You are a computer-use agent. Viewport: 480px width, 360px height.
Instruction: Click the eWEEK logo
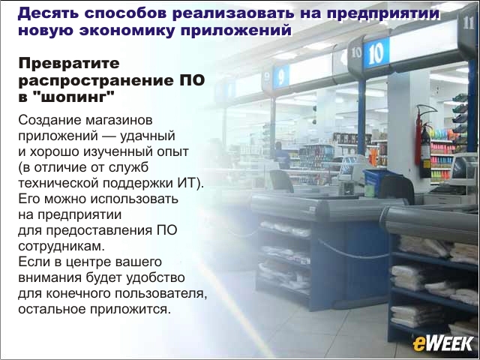point(443,343)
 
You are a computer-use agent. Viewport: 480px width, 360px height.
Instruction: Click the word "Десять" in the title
point(48,13)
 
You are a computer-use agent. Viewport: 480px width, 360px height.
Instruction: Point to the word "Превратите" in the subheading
point(69,64)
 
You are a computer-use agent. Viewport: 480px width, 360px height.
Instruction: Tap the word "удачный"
point(148,136)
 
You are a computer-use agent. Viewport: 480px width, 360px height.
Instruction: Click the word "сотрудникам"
point(61,247)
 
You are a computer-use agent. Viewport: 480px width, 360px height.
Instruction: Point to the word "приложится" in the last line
point(130,310)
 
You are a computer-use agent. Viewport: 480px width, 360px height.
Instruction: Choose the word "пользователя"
point(161,293)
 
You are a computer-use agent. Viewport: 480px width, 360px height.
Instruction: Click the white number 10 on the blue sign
point(376,53)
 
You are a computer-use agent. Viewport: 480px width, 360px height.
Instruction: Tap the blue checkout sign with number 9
point(281,76)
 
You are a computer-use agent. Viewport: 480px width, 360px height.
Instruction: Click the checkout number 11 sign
point(468,22)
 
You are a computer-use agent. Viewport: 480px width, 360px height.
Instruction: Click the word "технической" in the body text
point(58,183)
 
